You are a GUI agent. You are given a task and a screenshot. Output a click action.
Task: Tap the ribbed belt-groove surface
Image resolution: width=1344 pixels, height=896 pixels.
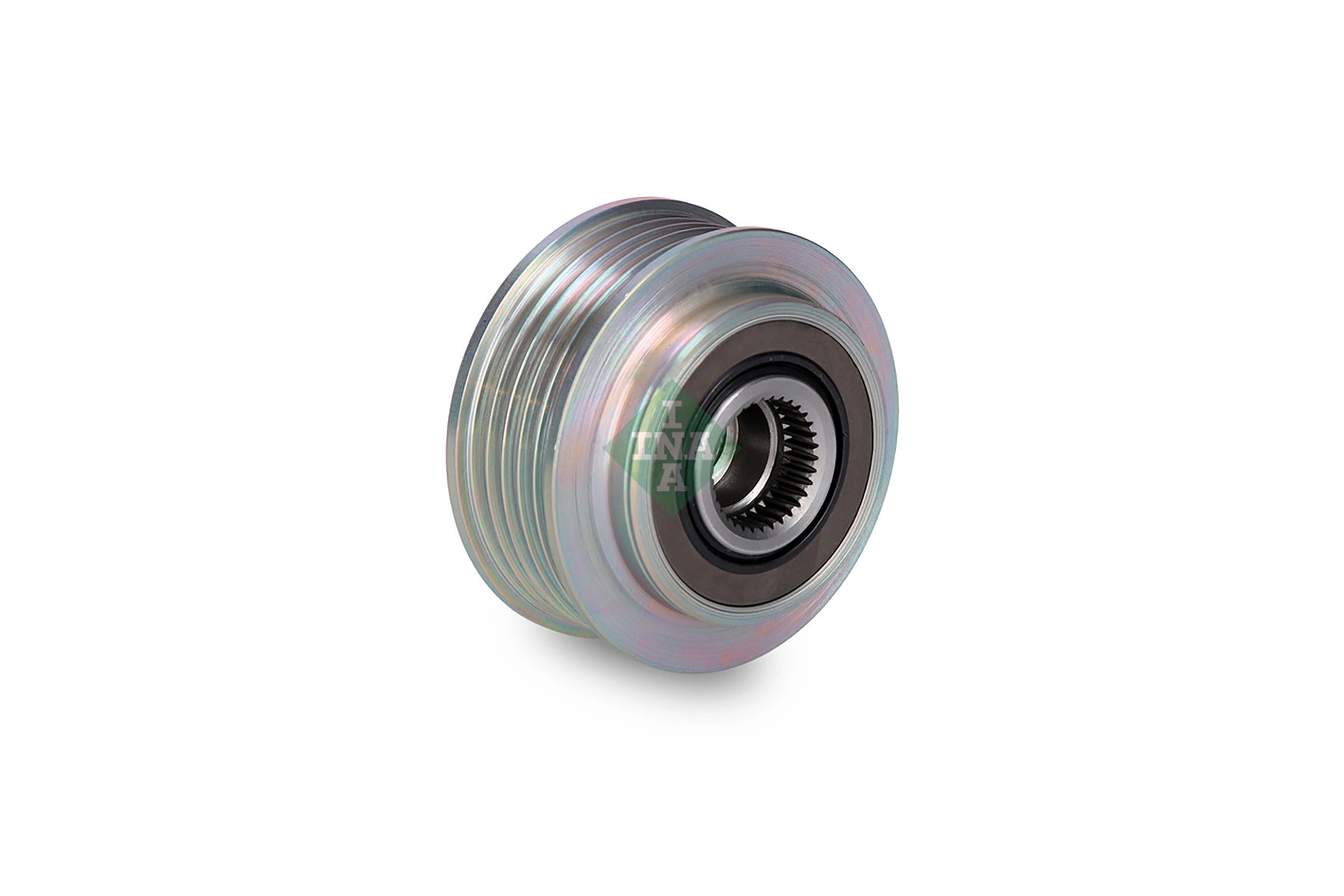click(x=538, y=418)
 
